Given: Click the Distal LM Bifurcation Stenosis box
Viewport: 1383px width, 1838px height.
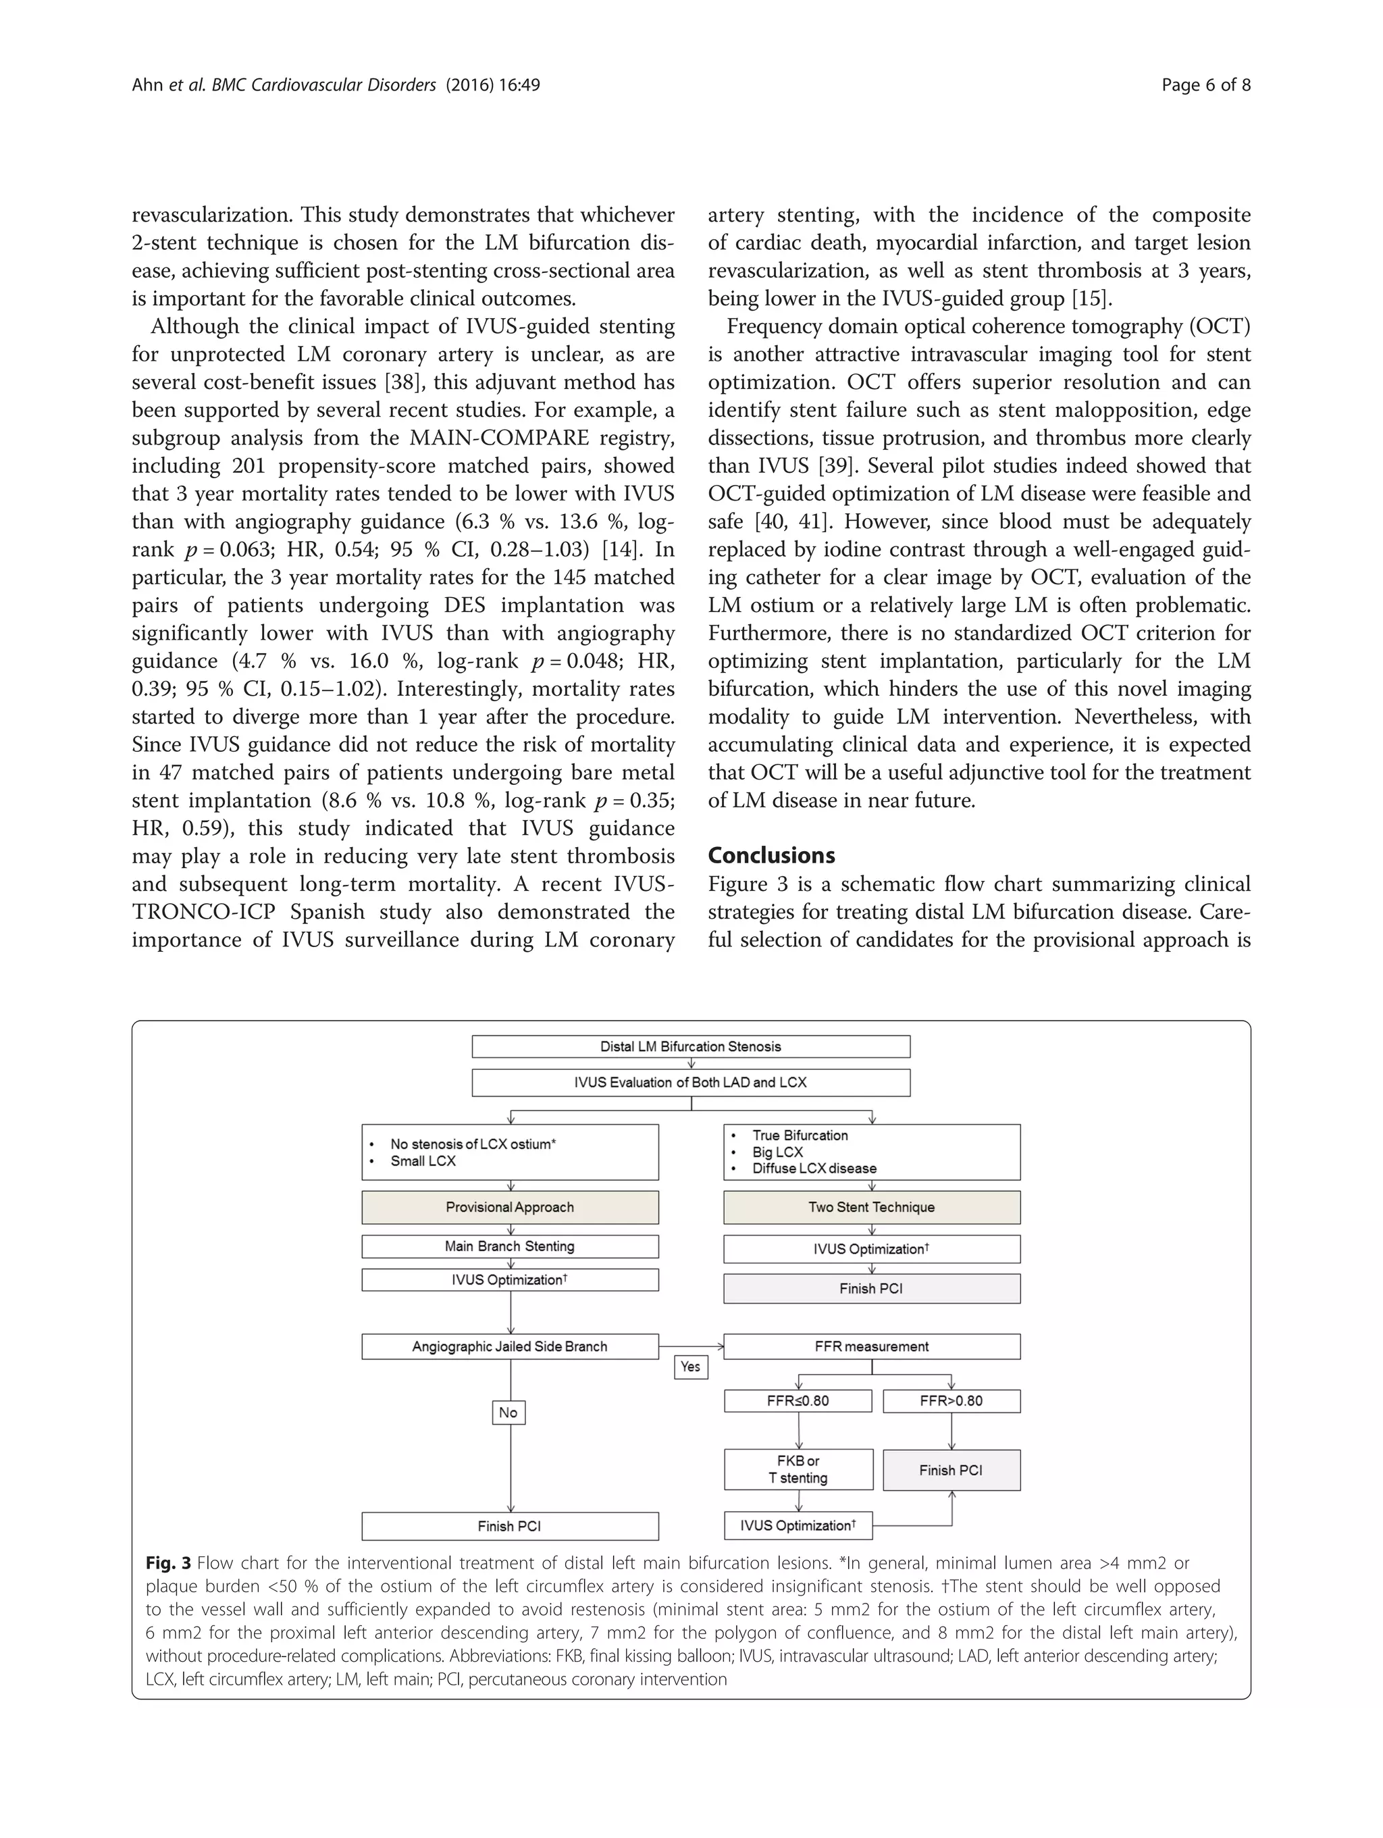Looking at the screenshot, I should (x=690, y=1046).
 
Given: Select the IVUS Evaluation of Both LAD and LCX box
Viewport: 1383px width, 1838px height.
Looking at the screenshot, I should (x=690, y=1082).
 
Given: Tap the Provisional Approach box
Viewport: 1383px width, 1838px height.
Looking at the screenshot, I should (x=509, y=1206).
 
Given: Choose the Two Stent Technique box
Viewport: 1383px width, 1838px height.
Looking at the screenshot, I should (x=871, y=1206).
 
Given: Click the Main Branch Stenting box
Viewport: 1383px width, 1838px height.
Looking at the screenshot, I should (x=509, y=1246).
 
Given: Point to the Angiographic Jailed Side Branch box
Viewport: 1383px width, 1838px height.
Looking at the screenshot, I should (x=509, y=1346).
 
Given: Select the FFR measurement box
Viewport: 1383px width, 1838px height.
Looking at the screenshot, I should (x=871, y=1346).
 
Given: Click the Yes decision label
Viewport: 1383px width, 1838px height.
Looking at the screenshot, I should (x=690, y=1367).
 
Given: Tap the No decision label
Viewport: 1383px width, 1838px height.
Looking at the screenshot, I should (x=508, y=1412).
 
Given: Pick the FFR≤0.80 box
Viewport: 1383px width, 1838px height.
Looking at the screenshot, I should (x=798, y=1401).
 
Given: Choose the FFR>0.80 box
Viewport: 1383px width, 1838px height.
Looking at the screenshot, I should (x=951, y=1401).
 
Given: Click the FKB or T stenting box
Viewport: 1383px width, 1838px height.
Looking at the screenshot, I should (x=798, y=1469).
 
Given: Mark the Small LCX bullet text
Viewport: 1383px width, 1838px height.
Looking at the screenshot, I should (x=423, y=1160).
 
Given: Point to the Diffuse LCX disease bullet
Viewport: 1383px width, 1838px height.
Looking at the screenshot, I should (x=814, y=1169).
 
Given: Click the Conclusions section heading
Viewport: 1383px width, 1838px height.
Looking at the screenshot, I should (x=771, y=855).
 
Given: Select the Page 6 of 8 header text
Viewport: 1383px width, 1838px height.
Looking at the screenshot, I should (x=1205, y=84).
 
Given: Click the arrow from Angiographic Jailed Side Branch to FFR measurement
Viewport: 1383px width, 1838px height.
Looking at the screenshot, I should (x=691, y=1346).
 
